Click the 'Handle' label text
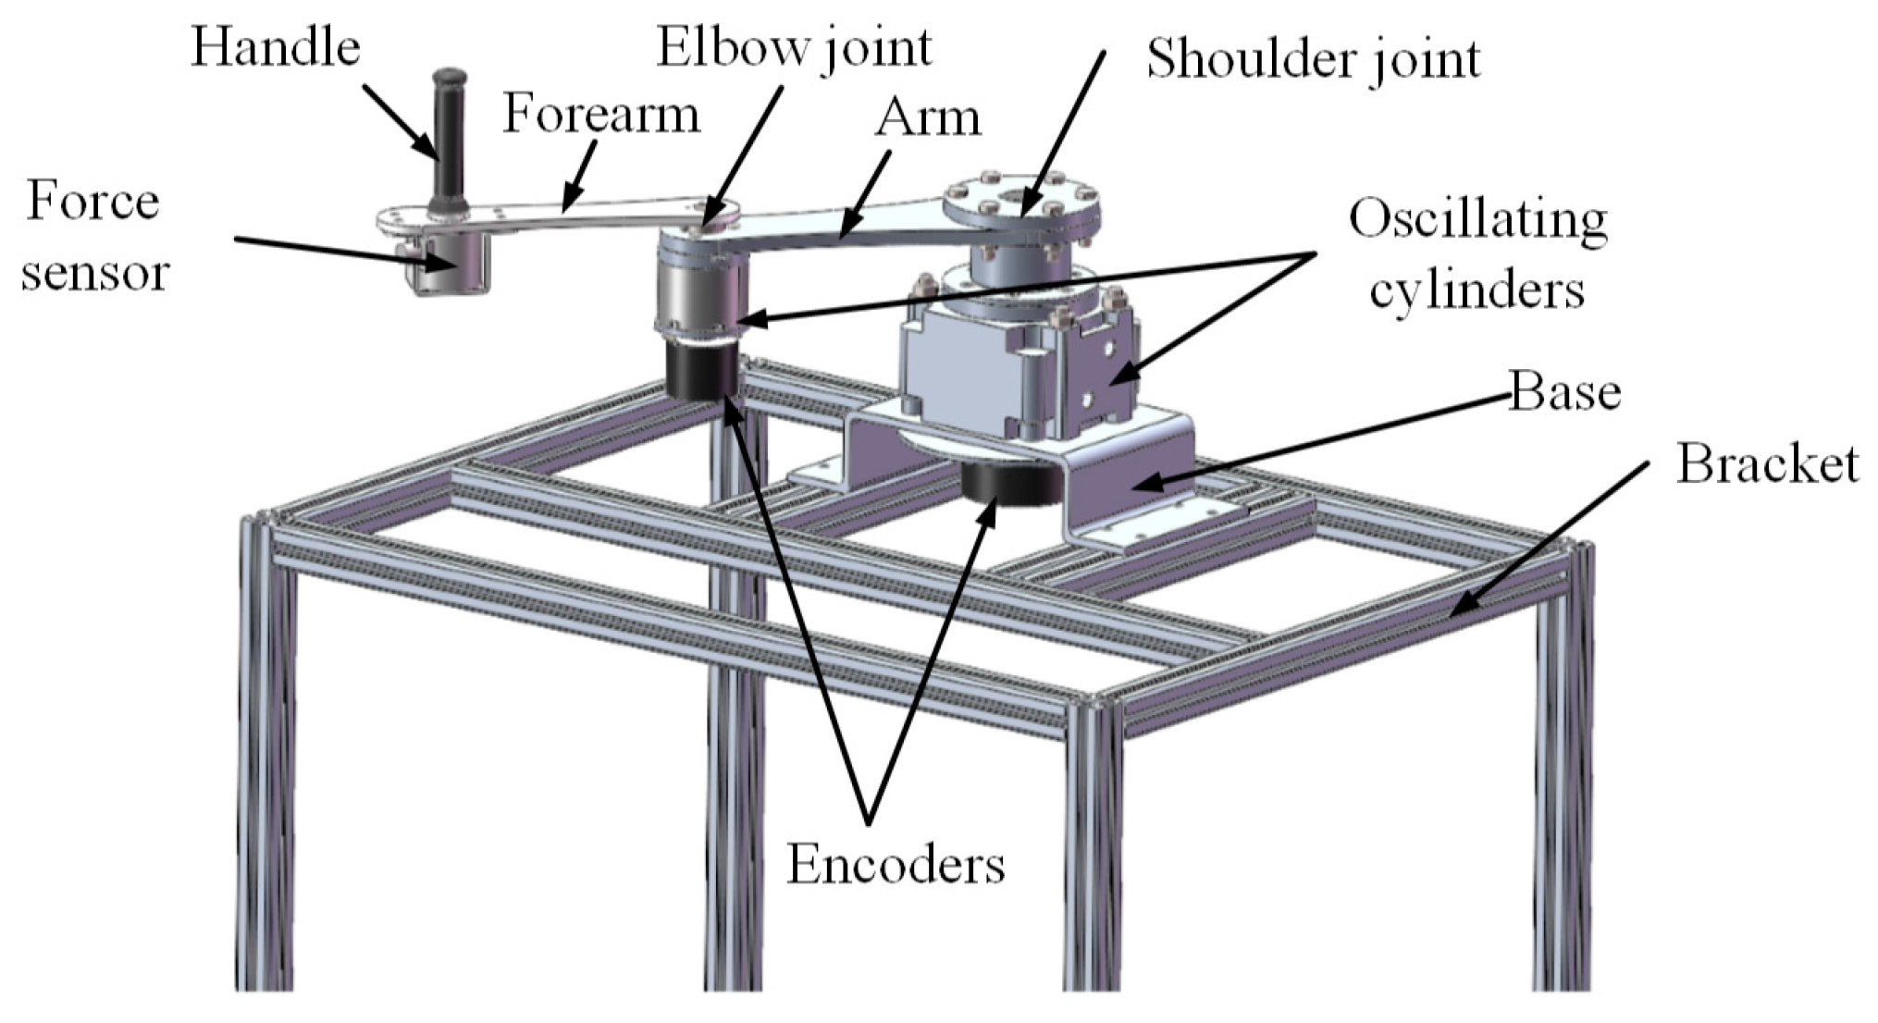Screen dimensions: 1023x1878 coord(275,48)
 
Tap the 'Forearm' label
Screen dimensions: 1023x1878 coord(601,115)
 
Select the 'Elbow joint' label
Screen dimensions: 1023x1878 coord(794,48)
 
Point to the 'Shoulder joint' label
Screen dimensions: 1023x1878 coord(1313,59)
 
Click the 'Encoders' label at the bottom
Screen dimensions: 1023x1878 coord(895,865)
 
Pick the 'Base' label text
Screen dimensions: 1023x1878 coord(1565,392)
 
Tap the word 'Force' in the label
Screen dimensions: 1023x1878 coord(93,202)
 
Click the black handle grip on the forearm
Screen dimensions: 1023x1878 coord(450,139)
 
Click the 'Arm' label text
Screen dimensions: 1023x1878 coord(928,118)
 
